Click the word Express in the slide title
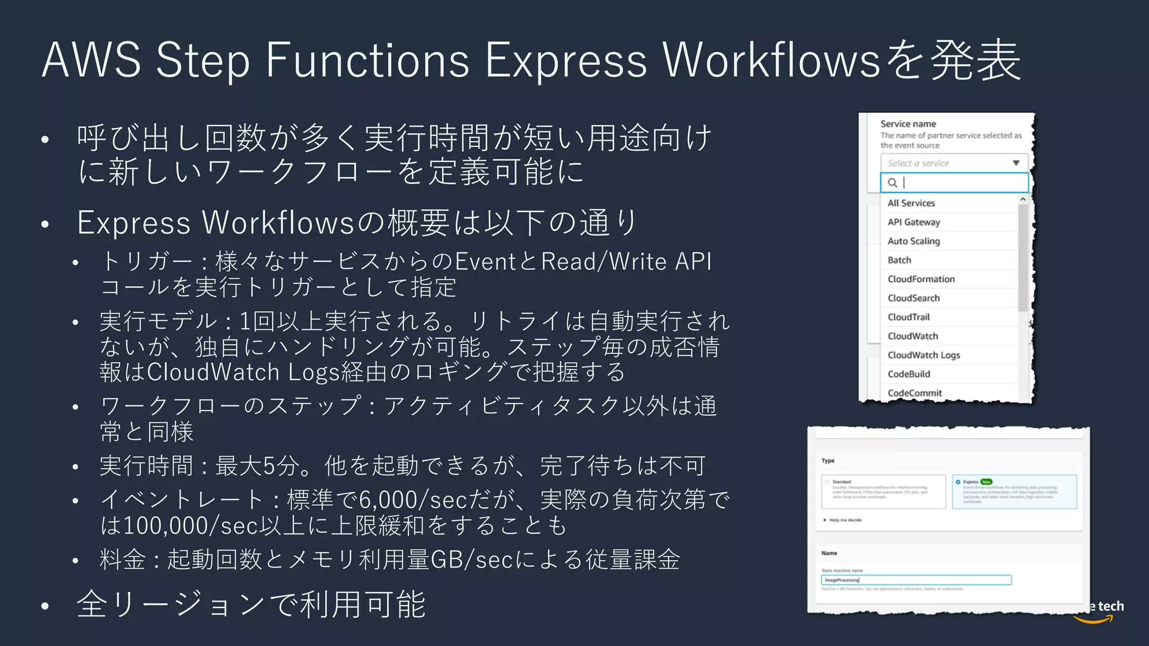(566, 60)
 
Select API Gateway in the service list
(913, 222)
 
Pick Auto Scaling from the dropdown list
(913, 241)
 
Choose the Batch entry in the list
(899, 260)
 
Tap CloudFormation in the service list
(921, 279)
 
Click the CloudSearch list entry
(913, 298)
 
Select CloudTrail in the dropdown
(908, 317)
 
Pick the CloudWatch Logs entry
(923, 355)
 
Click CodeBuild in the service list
(909, 374)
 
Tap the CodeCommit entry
(914, 393)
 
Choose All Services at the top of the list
(911, 203)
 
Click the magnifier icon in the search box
(892, 183)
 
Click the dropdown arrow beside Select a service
(1016, 163)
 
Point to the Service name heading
(908, 124)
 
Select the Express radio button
(958, 482)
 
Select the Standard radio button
(827, 482)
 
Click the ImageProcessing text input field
(916, 580)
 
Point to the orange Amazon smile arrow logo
(1093, 620)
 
